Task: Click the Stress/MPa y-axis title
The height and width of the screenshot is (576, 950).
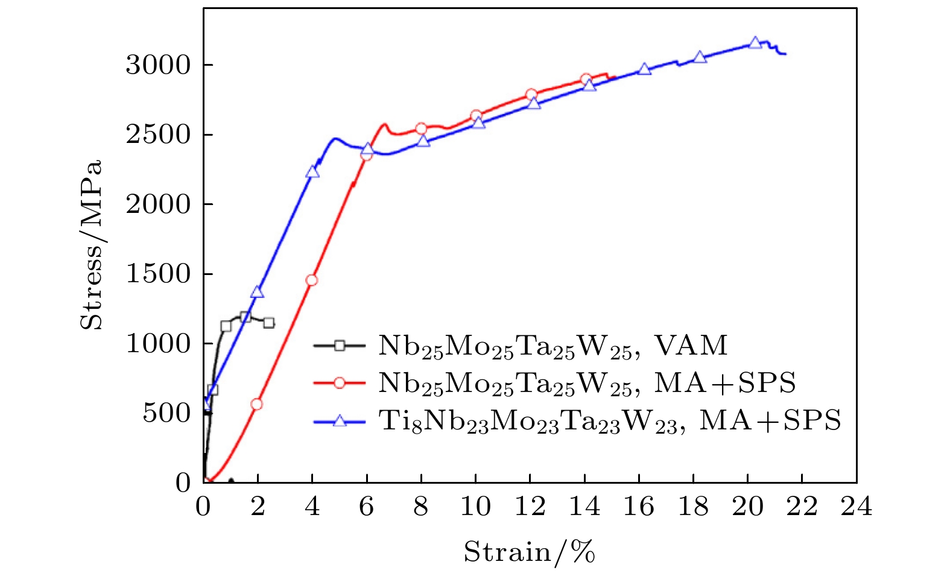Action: pos(92,245)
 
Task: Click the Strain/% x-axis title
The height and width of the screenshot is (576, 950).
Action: pos(529,552)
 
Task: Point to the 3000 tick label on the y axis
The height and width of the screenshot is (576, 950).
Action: pos(158,65)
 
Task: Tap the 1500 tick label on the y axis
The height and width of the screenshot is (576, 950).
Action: pos(158,274)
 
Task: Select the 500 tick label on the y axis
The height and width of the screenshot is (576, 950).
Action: pos(166,413)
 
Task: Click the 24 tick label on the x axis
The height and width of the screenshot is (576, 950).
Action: pos(857,507)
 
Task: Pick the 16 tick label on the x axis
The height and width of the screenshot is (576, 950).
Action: pos(639,507)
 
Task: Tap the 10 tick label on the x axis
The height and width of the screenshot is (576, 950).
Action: pos(475,507)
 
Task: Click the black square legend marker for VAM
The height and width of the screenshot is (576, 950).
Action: pos(340,346)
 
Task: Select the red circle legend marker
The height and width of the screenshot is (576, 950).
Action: pos(340,383)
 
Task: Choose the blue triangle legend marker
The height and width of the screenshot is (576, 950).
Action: pos(340,420)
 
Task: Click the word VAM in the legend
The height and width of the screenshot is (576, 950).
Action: pos(691,345)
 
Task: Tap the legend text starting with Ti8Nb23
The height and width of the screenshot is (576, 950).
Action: pos(609,420)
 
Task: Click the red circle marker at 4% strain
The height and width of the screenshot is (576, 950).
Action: pos(311,280)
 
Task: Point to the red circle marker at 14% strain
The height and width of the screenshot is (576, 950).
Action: pos(586,79)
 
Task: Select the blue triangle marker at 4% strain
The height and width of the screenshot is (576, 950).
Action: pos(312,172)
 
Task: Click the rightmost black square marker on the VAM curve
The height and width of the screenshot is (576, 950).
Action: pos(269,323)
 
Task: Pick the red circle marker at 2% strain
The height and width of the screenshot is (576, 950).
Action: pos(257,404)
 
